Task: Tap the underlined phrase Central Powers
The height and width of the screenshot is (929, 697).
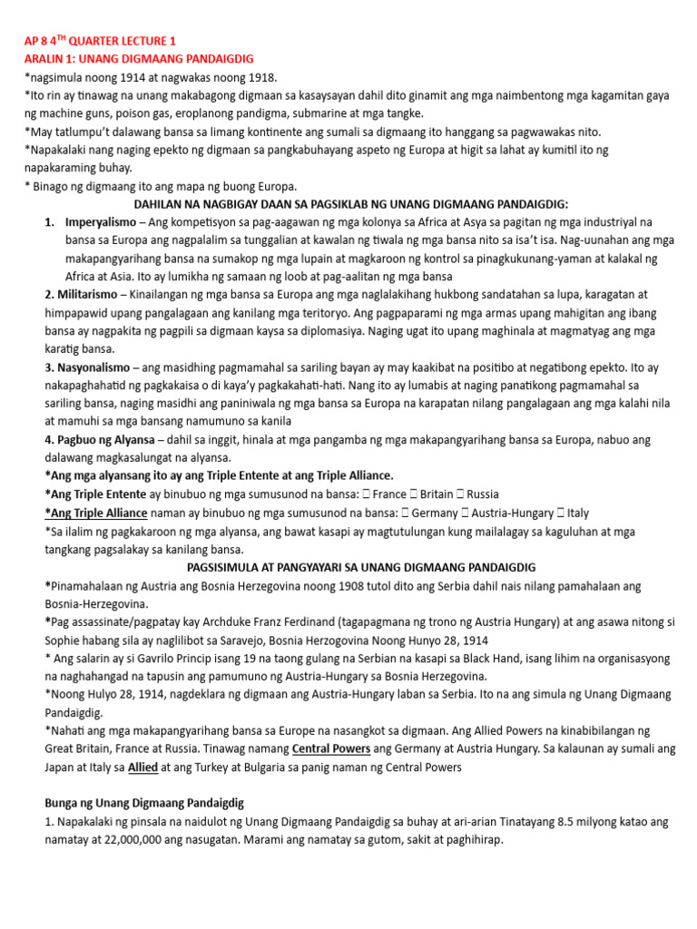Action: [330, 749]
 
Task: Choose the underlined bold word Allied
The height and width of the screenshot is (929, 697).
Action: [142, 768]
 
